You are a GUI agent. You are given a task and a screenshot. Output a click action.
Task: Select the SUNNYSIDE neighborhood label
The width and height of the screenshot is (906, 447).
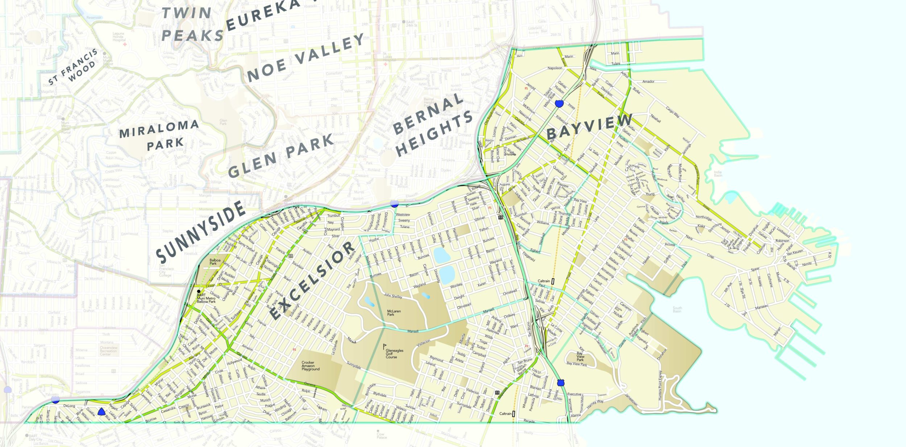click(200, 232)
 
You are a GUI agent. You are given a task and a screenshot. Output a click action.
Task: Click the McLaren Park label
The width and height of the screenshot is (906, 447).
click(394, 313)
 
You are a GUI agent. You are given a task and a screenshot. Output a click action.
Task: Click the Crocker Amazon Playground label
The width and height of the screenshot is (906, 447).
click(310, 365)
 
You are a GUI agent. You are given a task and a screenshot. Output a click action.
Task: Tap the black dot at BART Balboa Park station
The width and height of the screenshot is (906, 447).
click(199, 291)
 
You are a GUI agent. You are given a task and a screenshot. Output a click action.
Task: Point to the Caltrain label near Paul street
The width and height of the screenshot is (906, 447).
click(544, 281)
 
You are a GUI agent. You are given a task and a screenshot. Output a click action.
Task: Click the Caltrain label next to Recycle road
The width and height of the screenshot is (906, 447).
click(505, 413)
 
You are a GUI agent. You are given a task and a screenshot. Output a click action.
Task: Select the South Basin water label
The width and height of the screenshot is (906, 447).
click(677, 309)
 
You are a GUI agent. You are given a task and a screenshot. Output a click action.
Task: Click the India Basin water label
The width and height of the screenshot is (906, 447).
click(718, 174)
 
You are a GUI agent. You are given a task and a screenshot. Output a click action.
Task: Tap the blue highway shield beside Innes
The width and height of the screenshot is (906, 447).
click(559, 104)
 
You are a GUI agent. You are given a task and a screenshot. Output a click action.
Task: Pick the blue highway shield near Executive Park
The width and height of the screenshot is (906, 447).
click(561, 383)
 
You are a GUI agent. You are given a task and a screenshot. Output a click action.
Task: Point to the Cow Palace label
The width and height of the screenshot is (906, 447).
click(382, 435)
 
